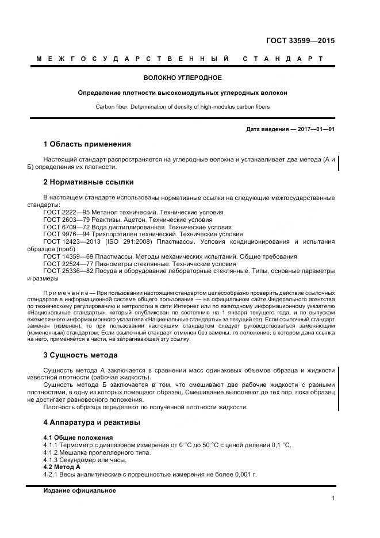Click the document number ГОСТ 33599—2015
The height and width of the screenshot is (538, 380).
[300, 41]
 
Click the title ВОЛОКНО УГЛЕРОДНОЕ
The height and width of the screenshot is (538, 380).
[182, 78]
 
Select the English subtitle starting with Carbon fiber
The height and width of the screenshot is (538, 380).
[182, 107]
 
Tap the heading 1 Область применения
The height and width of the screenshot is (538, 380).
[87, 144]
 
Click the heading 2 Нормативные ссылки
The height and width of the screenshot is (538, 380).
[89, 182]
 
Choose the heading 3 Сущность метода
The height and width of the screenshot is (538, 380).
[80, 355]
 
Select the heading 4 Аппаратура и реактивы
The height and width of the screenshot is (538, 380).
[91, 422]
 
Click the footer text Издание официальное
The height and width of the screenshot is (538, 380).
[79, 491]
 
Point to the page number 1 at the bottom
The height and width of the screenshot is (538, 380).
[333, 498]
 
